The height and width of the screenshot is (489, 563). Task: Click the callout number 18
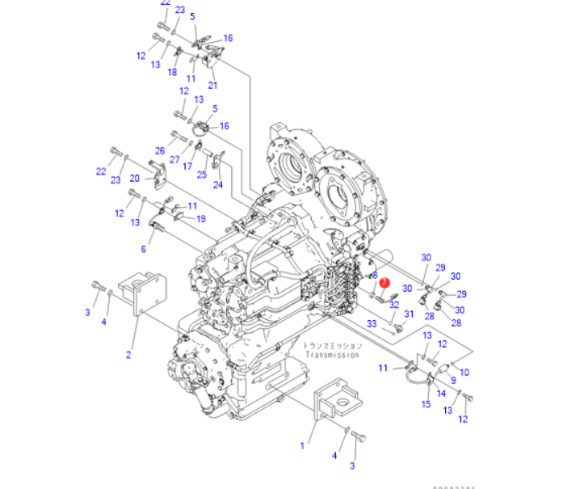tap(171, 72)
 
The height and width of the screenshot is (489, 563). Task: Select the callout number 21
tap(212, 85)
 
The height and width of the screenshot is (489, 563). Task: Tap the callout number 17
tap(187, 167)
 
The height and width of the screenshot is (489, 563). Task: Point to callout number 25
tap(202, 174)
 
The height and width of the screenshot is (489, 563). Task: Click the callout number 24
tap(217, 184)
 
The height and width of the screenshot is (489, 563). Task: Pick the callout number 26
tap(160, 151)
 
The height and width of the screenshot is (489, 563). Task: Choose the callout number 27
tap(174, 159)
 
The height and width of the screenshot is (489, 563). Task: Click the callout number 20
tap(135, 178)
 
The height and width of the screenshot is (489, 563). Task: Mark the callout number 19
tap(200, 218)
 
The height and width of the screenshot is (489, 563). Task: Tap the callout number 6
tap(144, 249)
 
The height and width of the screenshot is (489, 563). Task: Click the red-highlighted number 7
tap(385, 282)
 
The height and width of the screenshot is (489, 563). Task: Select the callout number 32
tap(394, 305)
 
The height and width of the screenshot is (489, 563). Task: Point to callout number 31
tap(409, 314)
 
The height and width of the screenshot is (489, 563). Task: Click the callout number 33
tap(372, 323)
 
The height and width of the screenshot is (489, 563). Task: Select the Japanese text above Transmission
tap(333, 345)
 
